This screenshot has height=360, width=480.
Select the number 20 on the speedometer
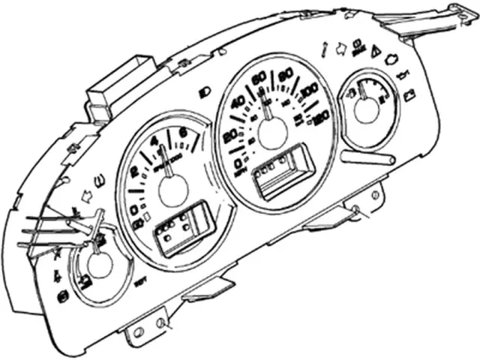coord(229,135)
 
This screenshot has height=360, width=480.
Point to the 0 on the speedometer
coord(239,162)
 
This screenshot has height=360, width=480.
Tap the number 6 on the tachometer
coord(183,135)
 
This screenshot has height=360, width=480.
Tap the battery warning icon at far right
coord(410,95)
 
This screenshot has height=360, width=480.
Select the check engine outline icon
coord(391,58)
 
